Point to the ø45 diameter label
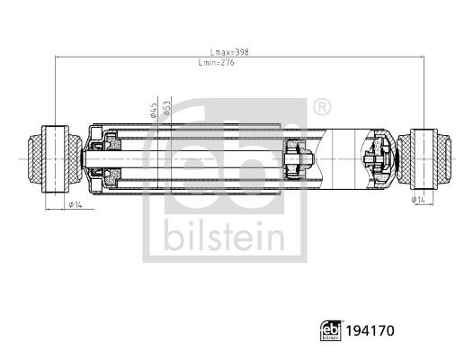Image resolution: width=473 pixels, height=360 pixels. click(x=155, y=109)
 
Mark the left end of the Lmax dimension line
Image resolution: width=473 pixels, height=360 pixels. click(x=56, y=58)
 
